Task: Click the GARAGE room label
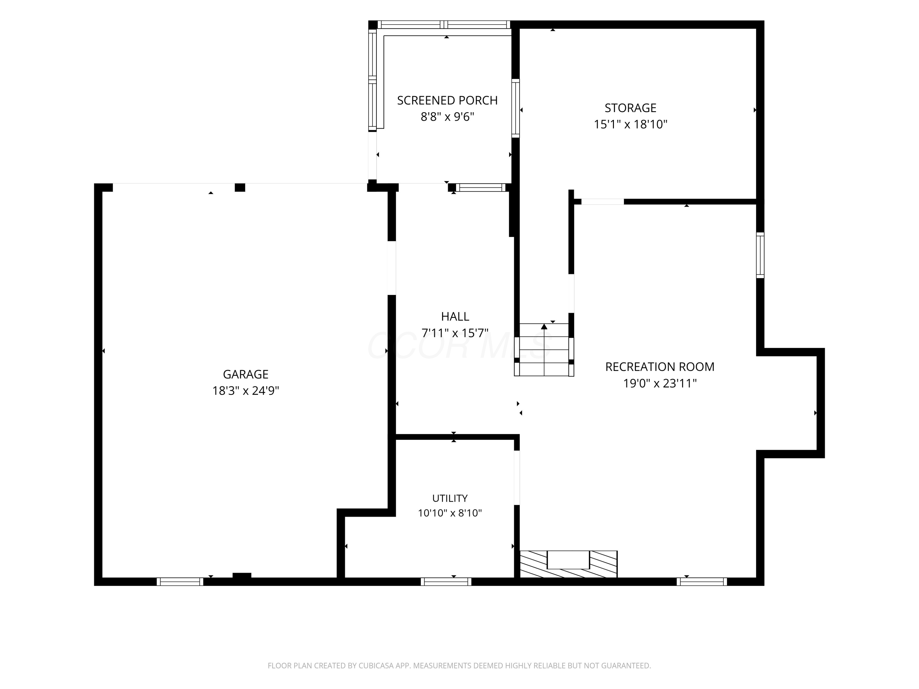pos(246,374)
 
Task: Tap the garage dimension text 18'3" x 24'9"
pos(246,391)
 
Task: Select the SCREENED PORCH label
pos(447,100)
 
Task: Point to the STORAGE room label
pos(630,108)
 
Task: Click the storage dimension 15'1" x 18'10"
pos(630,124)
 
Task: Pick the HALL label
pos(455,316)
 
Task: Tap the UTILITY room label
pos(450,498)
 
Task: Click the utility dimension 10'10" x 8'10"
pos(450,513)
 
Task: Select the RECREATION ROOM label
pos(660,367)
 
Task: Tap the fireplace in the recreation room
pos(568,564)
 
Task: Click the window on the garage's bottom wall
pos(180,582)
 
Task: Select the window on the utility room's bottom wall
pos(446,582)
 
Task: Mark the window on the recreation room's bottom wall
pos(702,582)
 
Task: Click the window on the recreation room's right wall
pos(760,255)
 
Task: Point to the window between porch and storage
pos(515,108)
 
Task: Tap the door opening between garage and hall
pos(391,268)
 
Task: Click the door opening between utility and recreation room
pos(517,478)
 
